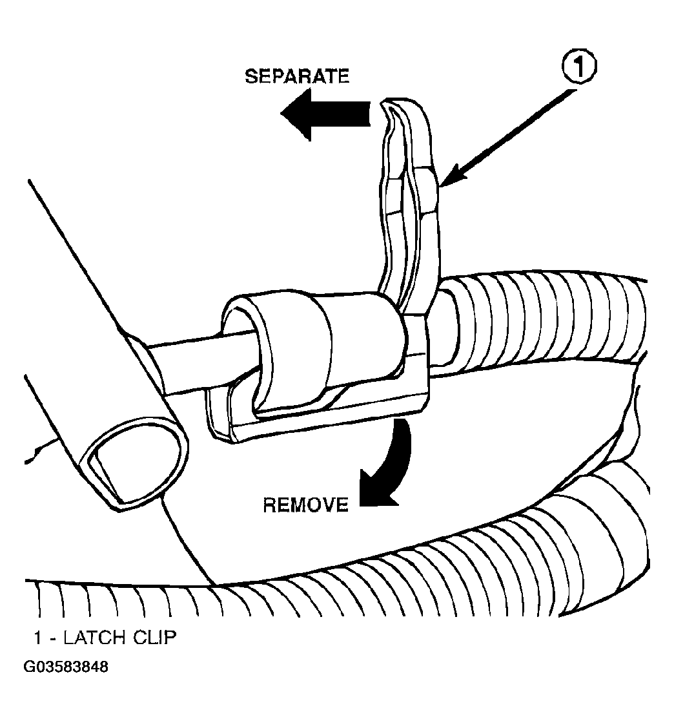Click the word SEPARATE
click(x=297, y=76)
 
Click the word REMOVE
click(x=305, y=505)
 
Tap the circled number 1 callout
click(x=578, y=68)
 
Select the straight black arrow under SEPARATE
click(x=325, y=114)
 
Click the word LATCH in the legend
click(x=94, y=638)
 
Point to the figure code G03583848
click(x=66, y=667)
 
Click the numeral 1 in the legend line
click(x=38, y=638)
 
